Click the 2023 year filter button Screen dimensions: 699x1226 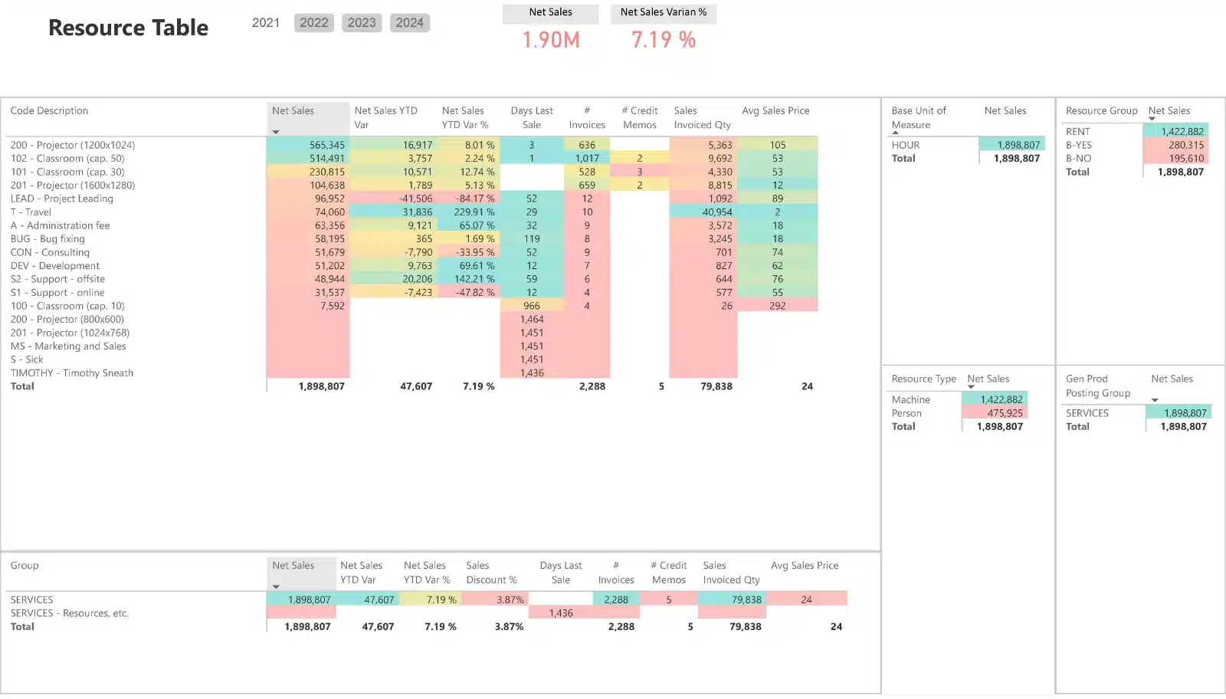(x=362, y=23)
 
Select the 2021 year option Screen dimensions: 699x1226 (x=266, y=23)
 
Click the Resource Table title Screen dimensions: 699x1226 (x=128, y=28)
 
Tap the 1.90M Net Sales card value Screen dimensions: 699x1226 (x=551, y=40)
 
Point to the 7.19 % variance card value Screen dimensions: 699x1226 (x=664, y=40)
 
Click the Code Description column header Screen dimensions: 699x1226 (x=49, y=110)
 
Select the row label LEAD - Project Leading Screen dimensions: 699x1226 (x=61, y=199)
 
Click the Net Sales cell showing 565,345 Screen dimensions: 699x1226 (x=327, y=145)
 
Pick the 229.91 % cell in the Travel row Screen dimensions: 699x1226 (x=474, y=212)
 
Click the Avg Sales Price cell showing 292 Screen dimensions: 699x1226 (x=778, y=306)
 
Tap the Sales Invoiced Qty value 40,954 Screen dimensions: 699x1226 (x=717, y=212)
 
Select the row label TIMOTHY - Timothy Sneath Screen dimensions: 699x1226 (x=72, y=373)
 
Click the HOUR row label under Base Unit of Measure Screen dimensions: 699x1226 (x=906, y=145)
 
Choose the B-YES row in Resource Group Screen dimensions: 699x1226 (x=1079, y=145)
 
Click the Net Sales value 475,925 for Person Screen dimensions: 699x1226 (x=1005, y=413)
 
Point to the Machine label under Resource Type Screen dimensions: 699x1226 (x=911, y=399)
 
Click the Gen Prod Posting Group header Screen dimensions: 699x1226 (x=1098, y=386)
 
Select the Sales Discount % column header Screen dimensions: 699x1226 (x=491, y=573)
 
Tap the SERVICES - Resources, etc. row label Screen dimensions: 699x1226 (x=70, y=613)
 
